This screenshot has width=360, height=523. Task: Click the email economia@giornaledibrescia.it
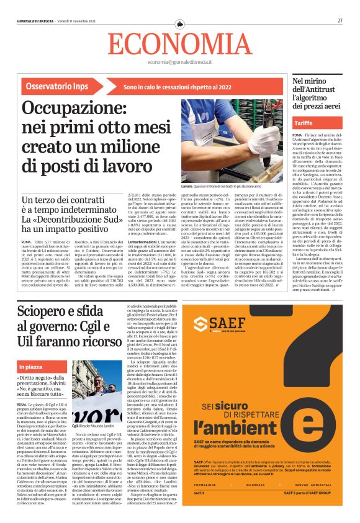pos(179,63)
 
